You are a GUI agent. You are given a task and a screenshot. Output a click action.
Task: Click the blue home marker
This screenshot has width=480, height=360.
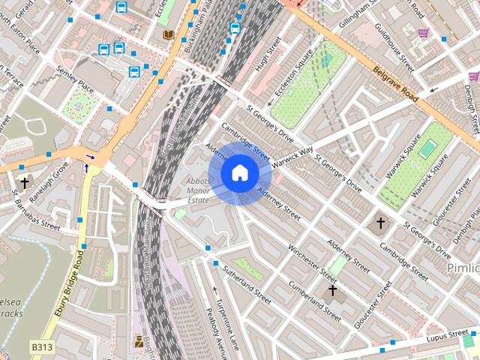coord(239,173)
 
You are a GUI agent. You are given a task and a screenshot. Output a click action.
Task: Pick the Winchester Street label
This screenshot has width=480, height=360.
coord(307,258)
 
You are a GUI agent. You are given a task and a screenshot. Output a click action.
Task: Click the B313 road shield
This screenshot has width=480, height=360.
coord(43,347)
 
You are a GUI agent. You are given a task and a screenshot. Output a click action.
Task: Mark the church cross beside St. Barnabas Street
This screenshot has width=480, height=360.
coord(24,182)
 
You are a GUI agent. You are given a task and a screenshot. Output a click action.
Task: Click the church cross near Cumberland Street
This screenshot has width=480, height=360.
coord(332,289)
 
